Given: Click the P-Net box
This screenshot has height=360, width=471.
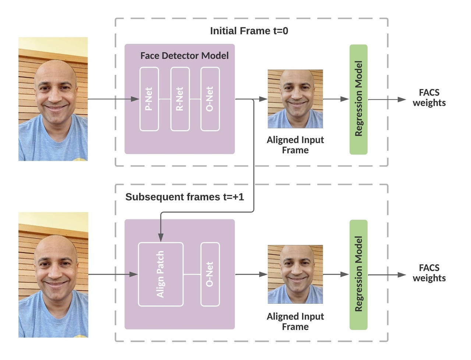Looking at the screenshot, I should click(x=149, y=99).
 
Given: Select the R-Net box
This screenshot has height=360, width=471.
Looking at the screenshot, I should click(x=180, y=99).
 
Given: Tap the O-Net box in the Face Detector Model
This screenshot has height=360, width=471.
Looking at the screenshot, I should click(x=210, y=99).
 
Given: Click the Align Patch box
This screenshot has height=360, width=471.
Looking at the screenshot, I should click(x=160, y=274).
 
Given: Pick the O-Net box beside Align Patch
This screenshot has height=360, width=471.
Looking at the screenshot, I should click(x=210, y=274).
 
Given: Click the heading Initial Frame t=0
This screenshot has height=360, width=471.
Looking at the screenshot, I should click(x=249, y=31).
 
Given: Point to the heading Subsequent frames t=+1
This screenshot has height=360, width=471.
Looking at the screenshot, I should click(x=184, y=197).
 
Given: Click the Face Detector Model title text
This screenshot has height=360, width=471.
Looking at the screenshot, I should click(x=184, y=56).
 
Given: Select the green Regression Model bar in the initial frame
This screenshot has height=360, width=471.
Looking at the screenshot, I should click(x=358, y=99).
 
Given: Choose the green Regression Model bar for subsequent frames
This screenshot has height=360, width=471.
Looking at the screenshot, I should click(x=358, y=275).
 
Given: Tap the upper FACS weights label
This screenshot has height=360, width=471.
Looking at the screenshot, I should click(x=429, y=98).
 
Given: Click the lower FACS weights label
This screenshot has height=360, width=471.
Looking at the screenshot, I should click(x=429, y=273).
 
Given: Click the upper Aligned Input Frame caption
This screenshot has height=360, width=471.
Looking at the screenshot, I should click(x=295, y=145).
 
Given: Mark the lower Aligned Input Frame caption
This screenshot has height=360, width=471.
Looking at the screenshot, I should click(x=295, y=321).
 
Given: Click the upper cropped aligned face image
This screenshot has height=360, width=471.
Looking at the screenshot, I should click(x=295, y=99).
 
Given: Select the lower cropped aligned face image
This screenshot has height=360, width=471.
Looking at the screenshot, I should click(x=295, y=274).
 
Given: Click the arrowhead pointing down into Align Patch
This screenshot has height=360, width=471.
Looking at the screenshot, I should click(x=160, y=238).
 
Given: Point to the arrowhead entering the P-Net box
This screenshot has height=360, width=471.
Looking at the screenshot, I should click(x=136, y=99).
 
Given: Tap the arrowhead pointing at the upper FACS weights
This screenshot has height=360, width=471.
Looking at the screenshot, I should click(x=402, y=99).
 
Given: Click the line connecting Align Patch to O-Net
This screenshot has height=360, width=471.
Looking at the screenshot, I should click(x=192, y=274).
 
